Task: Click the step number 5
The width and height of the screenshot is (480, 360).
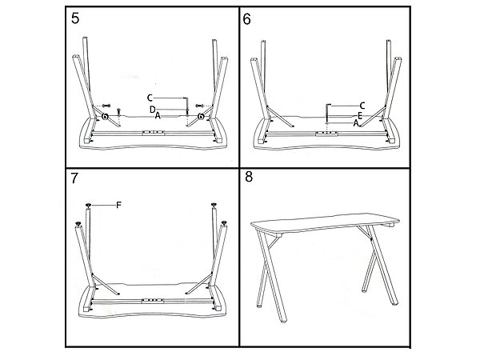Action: pyautogui.click(x=74, y=19)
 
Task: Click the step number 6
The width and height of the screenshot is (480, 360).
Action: pyautogui.click(x=247, y=19)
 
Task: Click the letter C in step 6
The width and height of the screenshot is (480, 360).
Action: pyautogui.click(x=362, y=105)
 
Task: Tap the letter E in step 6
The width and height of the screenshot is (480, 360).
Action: pyautogui.click(x=361, y=115)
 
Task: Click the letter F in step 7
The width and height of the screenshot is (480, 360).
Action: pyautogui.click(x=118, y=206)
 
